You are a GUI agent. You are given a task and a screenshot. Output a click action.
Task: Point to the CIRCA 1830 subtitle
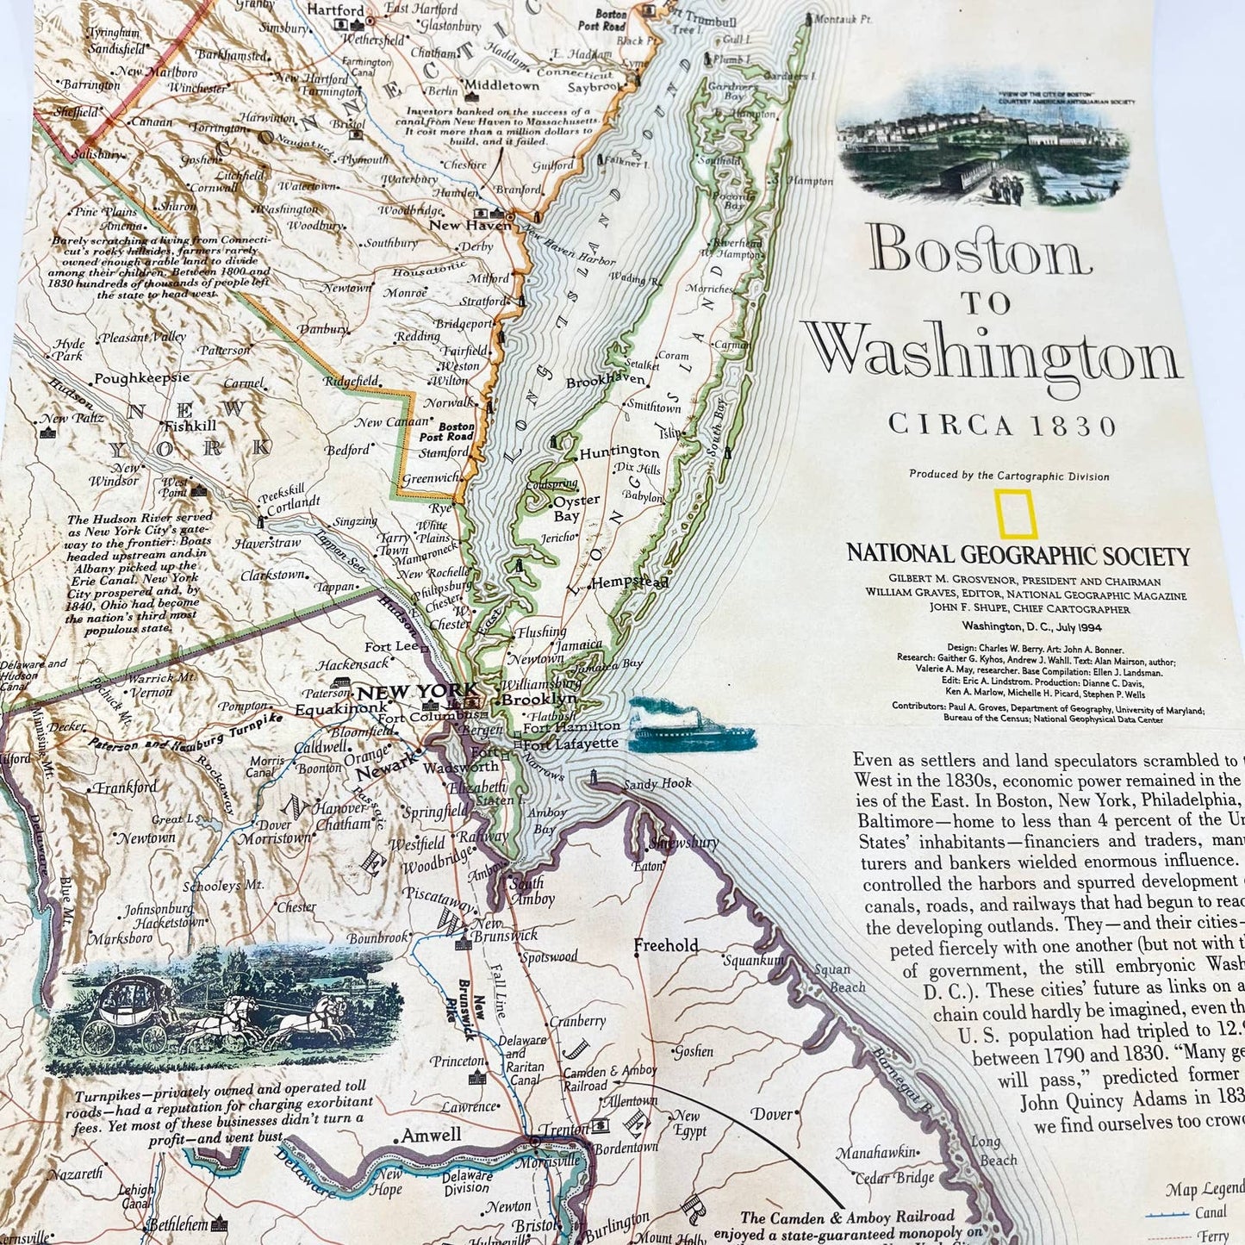1002,425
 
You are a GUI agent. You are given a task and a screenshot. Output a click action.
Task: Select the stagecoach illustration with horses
219,1002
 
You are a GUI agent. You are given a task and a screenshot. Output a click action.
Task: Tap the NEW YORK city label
417,691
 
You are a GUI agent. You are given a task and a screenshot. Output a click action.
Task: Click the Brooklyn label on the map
539,700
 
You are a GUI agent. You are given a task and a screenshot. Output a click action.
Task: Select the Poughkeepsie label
141,378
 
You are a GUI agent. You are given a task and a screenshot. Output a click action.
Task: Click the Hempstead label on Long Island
631,582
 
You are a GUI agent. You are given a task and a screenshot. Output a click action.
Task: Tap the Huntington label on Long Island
619,451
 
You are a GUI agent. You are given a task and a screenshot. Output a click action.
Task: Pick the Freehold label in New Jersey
666,945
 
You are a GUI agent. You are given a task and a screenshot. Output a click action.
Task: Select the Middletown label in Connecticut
501,85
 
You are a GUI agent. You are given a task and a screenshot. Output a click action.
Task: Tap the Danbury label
324,329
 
